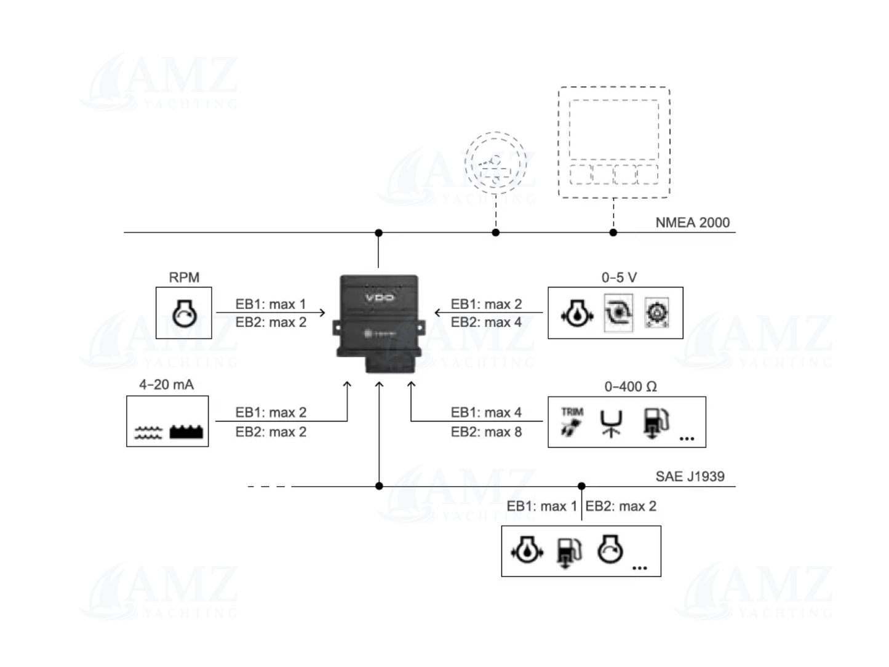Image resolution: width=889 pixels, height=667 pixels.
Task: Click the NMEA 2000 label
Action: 692,223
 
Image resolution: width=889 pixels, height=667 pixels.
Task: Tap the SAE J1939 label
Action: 690,476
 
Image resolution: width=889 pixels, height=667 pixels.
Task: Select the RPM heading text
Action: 184,278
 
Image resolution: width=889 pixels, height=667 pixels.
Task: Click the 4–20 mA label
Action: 166,385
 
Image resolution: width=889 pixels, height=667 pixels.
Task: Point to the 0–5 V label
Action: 619,278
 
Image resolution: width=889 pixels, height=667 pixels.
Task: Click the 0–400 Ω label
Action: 631,387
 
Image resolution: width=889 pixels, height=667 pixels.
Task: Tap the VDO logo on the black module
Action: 380,298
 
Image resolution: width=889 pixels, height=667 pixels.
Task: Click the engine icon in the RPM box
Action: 184,313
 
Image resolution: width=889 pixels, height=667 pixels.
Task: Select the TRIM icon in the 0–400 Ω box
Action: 572,421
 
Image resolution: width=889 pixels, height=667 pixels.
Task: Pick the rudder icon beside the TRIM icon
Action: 611,423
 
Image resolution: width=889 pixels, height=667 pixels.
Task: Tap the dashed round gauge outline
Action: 495,163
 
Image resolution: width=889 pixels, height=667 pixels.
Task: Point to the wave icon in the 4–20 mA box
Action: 148,433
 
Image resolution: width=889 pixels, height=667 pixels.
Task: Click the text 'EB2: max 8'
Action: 486,432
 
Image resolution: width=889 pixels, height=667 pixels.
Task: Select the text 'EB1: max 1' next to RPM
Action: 270,304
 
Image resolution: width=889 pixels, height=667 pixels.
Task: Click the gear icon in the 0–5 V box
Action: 656,313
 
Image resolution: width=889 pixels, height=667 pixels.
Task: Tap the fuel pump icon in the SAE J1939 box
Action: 569,551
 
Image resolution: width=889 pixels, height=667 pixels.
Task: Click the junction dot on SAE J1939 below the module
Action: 379,486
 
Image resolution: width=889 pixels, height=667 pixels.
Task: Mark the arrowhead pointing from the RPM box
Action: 322,313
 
